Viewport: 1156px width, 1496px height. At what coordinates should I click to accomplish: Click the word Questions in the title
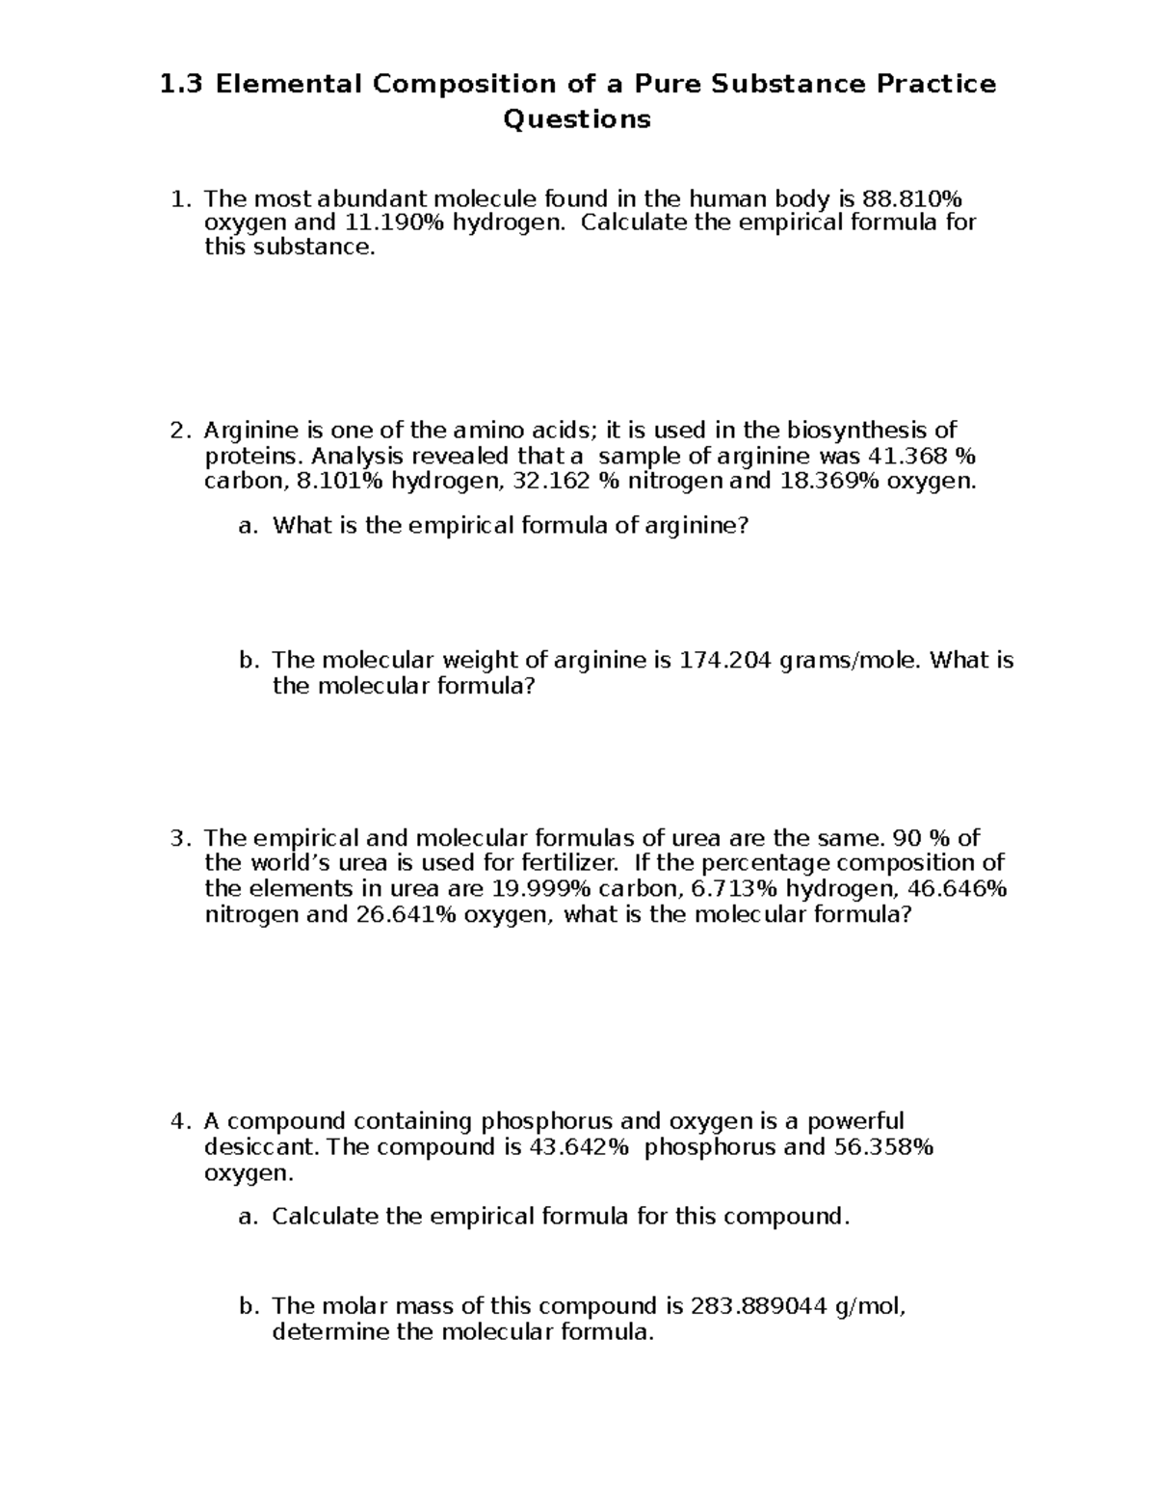click(x=577, y=119)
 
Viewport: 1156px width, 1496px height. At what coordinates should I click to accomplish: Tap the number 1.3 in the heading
click(x=183, y=85)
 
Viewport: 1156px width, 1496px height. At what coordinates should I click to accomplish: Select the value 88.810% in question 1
click(x=911, y=199)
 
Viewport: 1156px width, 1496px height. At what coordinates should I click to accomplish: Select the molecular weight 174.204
click(x=725, y=661)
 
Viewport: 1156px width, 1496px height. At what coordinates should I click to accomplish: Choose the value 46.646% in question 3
click(x=957, y=888)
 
